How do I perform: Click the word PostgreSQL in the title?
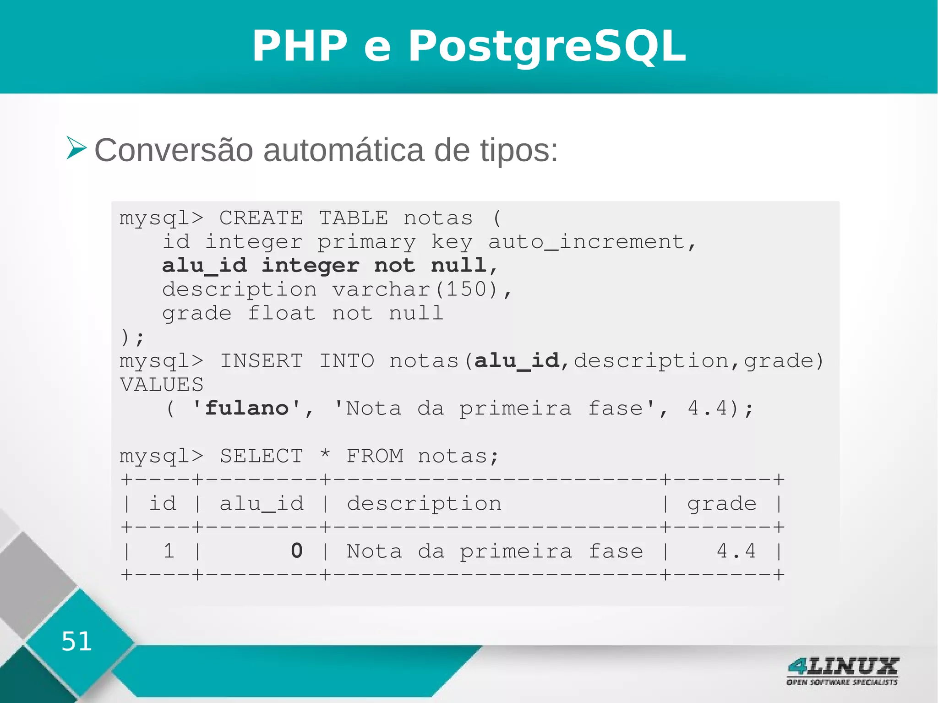tap(547, 46)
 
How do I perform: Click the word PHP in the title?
tap(300, 46)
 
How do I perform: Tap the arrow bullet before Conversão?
tap(76, 147)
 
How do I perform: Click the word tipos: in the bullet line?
tap(518, 150)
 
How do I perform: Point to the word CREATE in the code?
tap(261, 218)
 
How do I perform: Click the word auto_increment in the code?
tap(586, 242)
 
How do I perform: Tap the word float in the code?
tap(281, 314)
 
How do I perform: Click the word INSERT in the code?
tap(262, 361)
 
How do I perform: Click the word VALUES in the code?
tap(161, 385)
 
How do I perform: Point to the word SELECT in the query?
tap(262, 456)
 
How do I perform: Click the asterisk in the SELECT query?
tap(325, 455)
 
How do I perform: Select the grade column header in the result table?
tap(721, 504)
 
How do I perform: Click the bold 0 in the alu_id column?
tap(297, 551)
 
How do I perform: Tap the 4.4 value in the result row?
tap(736, 551)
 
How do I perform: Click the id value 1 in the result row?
tap(169, 551)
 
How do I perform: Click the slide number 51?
tap(76, 641)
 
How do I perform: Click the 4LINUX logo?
tap(843, 671)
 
